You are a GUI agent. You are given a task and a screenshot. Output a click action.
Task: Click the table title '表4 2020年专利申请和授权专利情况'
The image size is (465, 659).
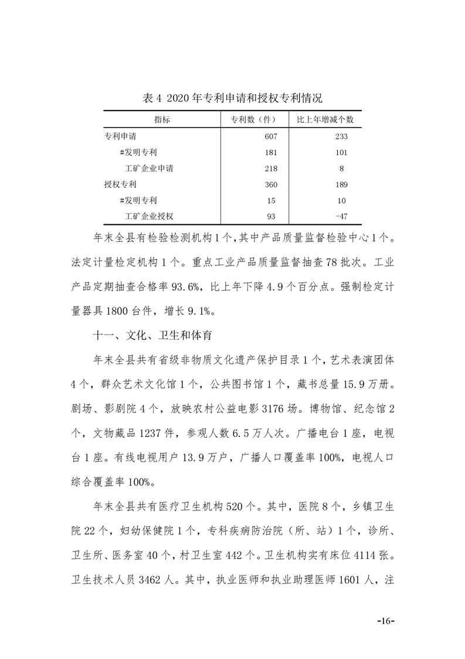click(x=232, y=97)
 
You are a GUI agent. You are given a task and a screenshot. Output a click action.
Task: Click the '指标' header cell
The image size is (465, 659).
click(x=162, y=120)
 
